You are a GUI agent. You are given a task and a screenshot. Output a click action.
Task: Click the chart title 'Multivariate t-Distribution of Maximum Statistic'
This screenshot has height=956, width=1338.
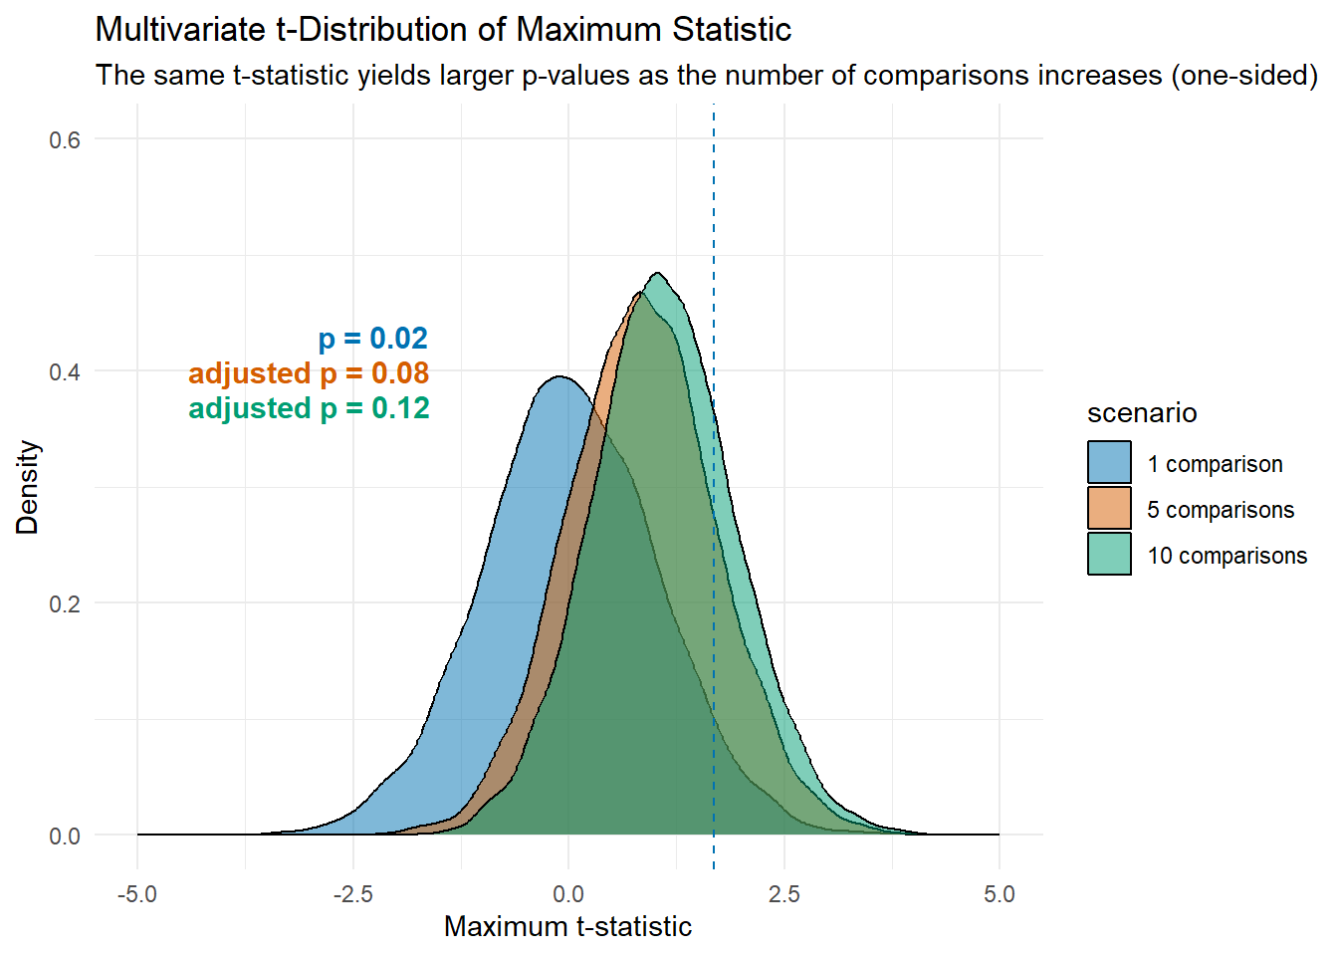443,30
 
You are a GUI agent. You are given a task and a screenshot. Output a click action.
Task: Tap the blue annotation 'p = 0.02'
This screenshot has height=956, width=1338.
373,339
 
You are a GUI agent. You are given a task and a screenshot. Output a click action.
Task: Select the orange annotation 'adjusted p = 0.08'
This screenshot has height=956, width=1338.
309,373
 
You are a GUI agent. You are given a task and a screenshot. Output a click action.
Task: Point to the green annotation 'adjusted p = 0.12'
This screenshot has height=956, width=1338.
309,408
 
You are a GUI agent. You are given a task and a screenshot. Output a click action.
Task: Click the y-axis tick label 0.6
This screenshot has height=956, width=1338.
65,139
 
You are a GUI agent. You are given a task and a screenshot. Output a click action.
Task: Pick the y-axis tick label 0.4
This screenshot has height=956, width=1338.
65,371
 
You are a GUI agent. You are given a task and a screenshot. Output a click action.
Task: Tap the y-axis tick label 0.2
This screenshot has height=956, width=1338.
65,603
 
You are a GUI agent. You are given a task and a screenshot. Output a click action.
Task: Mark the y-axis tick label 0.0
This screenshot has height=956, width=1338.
65,836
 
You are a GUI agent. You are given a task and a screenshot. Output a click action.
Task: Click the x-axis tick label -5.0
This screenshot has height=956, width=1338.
137,894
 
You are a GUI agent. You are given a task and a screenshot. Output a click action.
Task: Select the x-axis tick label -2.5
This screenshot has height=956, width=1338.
352,894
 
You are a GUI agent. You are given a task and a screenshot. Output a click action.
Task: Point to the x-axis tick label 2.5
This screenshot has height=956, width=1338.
783,894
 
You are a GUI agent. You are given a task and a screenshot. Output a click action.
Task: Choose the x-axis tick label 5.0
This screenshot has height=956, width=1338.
999,894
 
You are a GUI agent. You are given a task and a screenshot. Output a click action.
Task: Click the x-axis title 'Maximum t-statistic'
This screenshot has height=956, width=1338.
567,927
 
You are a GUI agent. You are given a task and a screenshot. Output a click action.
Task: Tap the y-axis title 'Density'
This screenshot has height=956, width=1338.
28,487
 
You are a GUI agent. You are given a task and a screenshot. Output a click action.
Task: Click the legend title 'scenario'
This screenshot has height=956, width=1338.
1142,413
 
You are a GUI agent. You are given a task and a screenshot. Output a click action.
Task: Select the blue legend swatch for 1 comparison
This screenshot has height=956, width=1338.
1109,463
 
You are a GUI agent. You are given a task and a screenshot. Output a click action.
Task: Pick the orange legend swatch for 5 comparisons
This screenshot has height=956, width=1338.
1109,509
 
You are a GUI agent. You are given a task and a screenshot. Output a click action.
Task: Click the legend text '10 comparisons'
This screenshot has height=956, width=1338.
1226,556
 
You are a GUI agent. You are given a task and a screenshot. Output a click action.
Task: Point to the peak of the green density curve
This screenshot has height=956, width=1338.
658,274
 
